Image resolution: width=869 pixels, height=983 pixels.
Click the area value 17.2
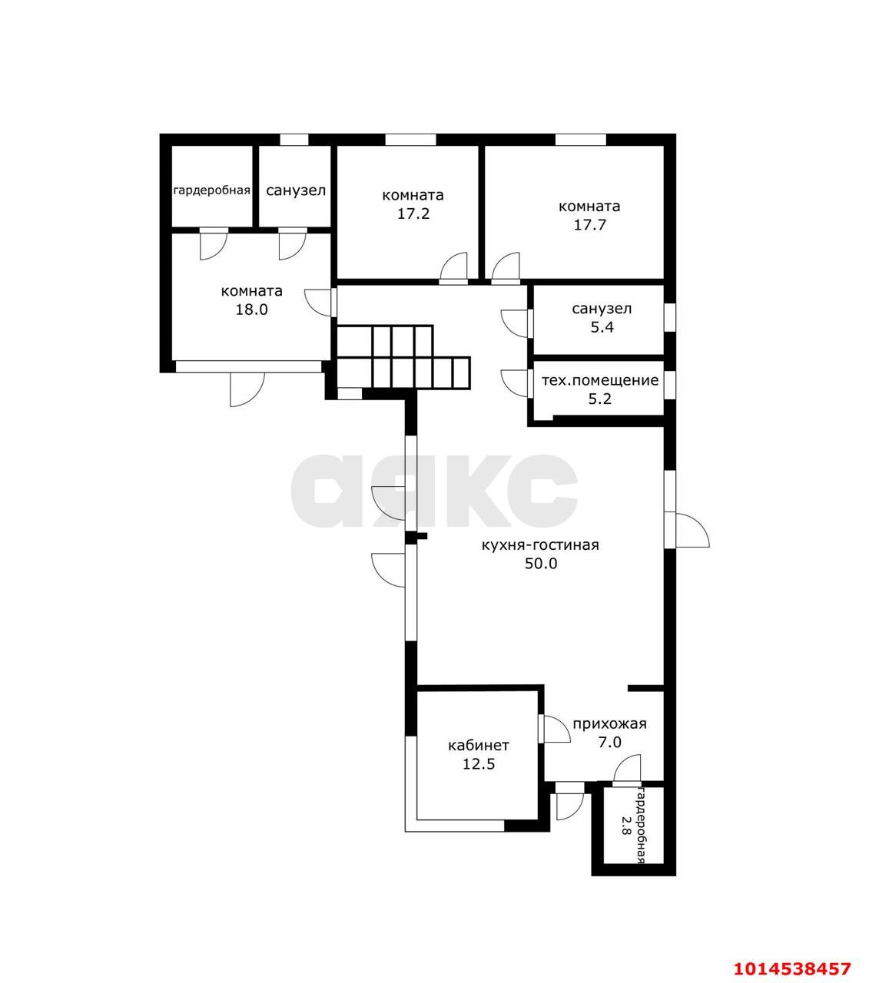pos(413,214)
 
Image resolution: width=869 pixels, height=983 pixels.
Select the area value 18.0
pos(251,309)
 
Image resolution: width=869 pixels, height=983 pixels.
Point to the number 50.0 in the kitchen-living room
pos(541,564)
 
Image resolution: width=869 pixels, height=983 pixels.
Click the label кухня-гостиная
pos(540,544)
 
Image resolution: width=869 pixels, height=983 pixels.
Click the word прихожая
pos(610,724)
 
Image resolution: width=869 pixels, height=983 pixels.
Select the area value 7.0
pos(610,743)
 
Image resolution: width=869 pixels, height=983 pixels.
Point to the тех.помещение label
pos(600,380)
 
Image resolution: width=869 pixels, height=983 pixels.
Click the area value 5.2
pos(600,399)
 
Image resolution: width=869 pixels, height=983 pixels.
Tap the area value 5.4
pos(602,327)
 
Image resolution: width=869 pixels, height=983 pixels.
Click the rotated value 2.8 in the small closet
pos(625,824)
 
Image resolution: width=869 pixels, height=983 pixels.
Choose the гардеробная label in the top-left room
pos(211,190)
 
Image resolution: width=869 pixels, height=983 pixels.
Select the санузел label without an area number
pos(296,190)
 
